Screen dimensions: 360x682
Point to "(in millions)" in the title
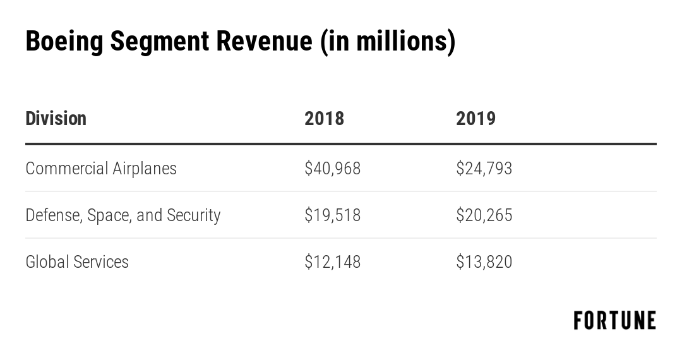387,42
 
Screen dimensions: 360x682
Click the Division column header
56,119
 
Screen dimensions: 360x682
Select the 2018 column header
324,119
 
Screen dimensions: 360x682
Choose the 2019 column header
476,119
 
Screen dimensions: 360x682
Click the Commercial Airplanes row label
101,169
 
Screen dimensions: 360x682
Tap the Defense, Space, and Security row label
123,215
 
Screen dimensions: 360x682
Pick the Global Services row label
77,262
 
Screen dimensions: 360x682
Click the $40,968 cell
332,169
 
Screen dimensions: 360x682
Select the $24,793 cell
484,169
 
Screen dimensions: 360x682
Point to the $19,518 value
332,215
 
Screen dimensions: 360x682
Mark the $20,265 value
484,215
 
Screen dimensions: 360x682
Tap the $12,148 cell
332,262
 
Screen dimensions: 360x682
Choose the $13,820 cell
484,262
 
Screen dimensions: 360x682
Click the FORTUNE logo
614,321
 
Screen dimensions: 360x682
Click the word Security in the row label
193,215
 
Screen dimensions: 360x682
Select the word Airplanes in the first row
145,169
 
